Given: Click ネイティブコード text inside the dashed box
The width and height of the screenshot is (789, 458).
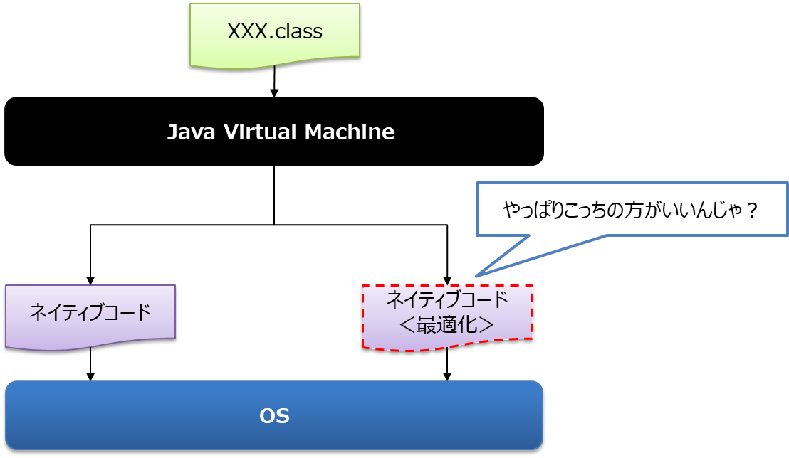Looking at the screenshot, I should pyautogui.click(x=447, y=299).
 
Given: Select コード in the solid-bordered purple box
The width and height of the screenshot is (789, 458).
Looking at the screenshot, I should pyautogui.click(x=127, y=312).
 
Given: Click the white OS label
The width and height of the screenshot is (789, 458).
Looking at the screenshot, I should pyautogui.click(x=274, y=416).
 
